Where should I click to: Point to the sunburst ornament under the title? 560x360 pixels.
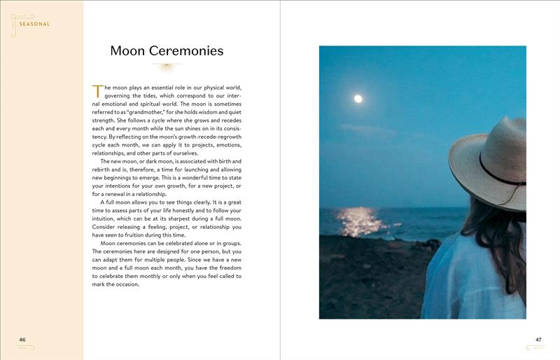tap(167, 67)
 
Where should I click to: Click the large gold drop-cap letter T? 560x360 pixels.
tap(97, 90)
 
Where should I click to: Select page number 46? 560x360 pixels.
tap(22, 340)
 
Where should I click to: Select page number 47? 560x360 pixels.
tap(538, 340)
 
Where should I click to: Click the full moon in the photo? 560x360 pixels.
tap(358, 99)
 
